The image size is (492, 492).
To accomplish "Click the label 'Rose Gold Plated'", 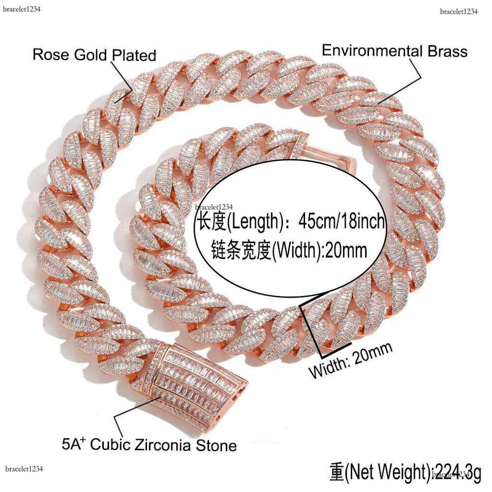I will click(x=94, y=55).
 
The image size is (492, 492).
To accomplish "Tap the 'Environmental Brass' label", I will click(x=394, y=51).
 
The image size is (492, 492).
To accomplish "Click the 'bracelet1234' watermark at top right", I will click(x=459, y=12).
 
